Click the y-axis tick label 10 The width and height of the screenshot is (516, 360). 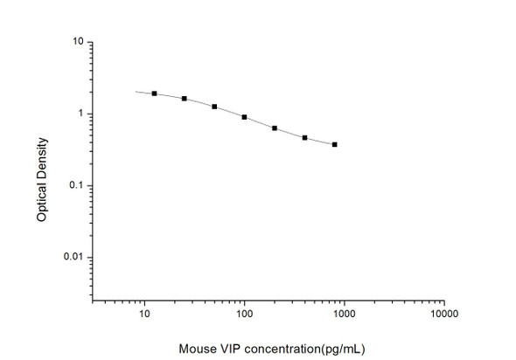click(x=78, y=42)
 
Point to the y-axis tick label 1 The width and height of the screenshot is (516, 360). click(x=80, y=114)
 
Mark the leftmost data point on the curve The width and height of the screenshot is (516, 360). click(x=154, y=93)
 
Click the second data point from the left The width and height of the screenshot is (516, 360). click(x=184, y=99)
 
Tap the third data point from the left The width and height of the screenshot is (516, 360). click(x=214, y=107)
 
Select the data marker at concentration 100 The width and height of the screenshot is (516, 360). click(x=244, y=117)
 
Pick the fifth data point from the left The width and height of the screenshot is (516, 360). click(x=275, y=128)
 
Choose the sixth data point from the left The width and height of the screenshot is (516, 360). click(x=304, y=138)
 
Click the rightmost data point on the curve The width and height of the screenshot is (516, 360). click(x=335, y=144)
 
